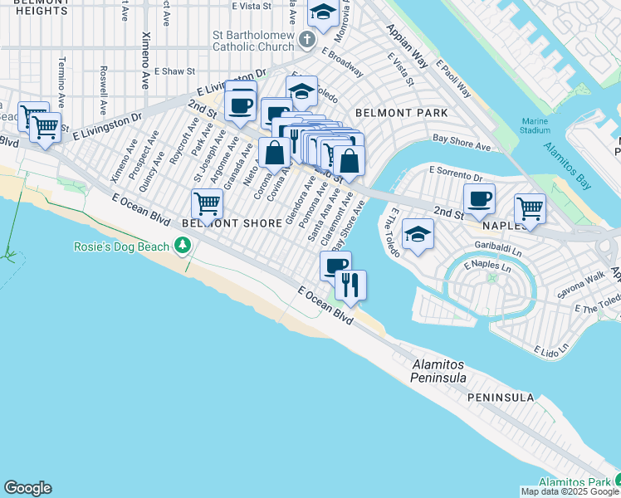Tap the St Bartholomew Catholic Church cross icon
[307, 39]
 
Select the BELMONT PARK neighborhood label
[401, 112]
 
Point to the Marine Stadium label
[535, 125]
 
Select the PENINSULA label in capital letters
[500, 398]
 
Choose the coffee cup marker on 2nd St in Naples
[479, 198]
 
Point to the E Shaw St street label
[174, 72]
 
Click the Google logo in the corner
[27, 488]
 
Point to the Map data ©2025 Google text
[569, 491]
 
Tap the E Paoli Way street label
[453, 80]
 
